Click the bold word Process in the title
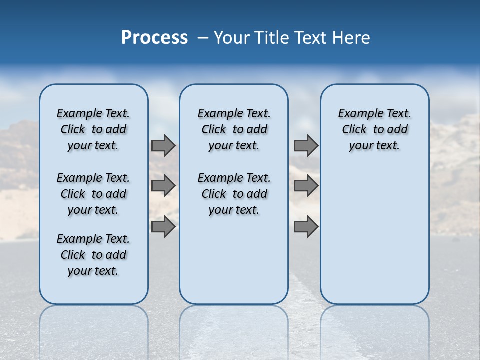(x=154, y=37)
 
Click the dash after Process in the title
(x=202, y=38)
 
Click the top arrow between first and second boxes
(x=163, y=146)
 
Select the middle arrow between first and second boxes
(x=163, y=186)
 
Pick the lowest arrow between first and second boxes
(x=163, y=226)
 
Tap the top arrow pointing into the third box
(x=306, y=146)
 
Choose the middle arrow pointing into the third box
(x=306, y=186)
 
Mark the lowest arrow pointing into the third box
(x=306, y=226)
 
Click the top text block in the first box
(x=93, y=129)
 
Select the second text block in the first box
(x=93, y=194)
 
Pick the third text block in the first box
(x=93, y=255)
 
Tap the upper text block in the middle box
(x=234, y=129)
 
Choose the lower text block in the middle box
(x=234, y=194)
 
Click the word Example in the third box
(x=357, y=113)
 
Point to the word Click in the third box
(x=354, y=129)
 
